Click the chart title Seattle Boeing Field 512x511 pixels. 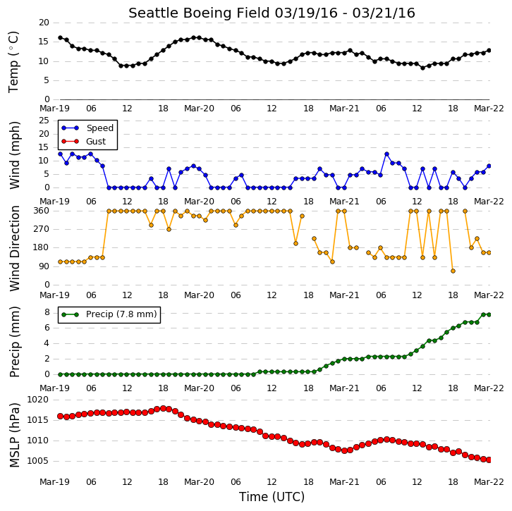click(x=200, y=13)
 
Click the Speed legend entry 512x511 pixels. click(x=87, y=128)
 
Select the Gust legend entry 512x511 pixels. click(x=84, y=141)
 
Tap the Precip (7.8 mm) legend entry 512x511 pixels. click(x=109, y=314)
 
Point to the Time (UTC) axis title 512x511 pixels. click(x=272, y=497)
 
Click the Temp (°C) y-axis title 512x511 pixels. click(x=13, y=62)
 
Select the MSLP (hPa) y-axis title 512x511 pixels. click(x=14, y=436)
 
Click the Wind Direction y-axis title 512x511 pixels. click(x=14, y=248)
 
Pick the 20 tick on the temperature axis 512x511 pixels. click(x=44, y=23)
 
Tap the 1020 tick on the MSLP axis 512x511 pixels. click(x=37, y=400)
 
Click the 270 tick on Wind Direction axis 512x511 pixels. click(x=42, y=229)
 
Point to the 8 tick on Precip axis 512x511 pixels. click(x=47, y=312)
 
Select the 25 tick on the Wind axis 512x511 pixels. click(x=44, y=121)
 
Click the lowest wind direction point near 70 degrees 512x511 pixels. click(x=453, y=271)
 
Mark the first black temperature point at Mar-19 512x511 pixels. click(x=60, y=38)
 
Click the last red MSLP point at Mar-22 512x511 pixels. click(x=489, y=460)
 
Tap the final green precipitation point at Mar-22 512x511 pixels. click(x=489, y=314)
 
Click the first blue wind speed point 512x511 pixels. click(x=60, y=154)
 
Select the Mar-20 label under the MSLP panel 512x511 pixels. click(x=199, y=481)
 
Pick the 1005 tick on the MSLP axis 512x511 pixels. click(x=37, y=461)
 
